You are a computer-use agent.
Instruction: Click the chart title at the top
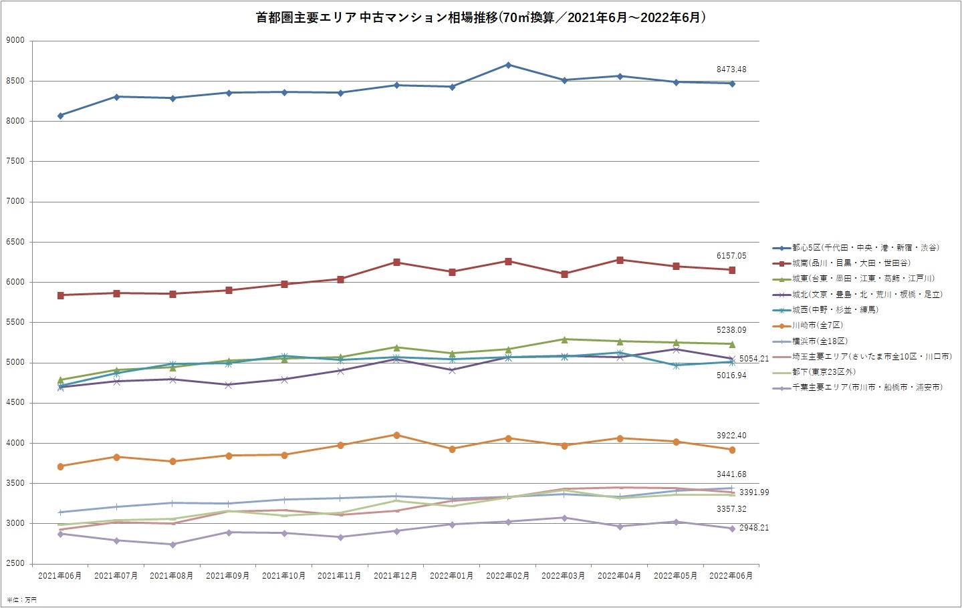481,18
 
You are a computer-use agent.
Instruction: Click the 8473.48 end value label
731,69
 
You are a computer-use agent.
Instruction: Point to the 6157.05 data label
731,256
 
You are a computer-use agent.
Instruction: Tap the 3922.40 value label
731,436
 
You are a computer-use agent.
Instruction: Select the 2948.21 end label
754,528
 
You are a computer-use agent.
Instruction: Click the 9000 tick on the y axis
15,41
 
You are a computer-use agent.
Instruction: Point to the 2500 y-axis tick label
15,564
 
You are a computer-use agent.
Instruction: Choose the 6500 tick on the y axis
15,242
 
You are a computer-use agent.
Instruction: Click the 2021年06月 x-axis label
60,576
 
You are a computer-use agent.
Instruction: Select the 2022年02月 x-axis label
508,576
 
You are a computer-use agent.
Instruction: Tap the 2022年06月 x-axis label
731,576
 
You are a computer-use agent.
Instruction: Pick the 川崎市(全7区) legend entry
818,325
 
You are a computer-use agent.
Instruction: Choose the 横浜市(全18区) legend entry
820,341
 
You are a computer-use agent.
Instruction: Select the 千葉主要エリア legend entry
867,388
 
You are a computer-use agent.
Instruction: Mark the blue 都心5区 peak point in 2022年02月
509,65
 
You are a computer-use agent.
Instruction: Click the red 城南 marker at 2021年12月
396,263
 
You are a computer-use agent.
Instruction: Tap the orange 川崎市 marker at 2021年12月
396,435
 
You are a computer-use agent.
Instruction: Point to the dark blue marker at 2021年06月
61,116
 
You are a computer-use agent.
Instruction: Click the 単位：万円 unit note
22,600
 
